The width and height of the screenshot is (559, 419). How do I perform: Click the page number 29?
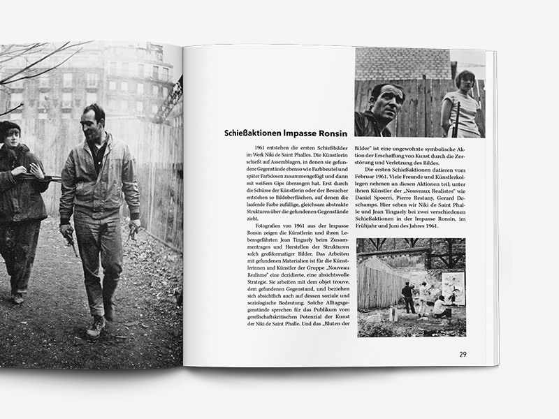[x=463, y=353]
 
